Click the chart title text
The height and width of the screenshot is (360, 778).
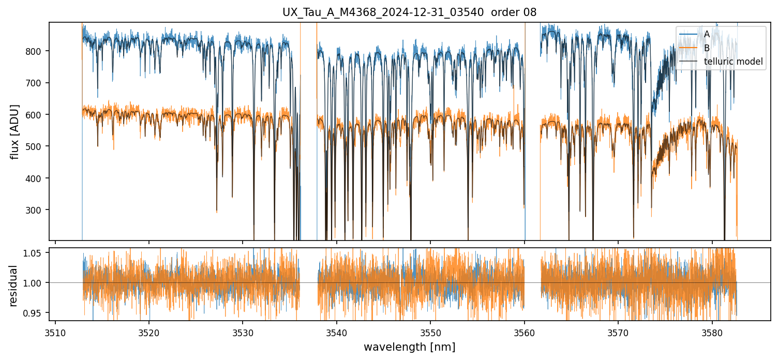tap(409, 12)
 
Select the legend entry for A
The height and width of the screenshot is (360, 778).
tap(707, 34)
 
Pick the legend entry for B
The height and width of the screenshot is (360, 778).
tap(707, 48)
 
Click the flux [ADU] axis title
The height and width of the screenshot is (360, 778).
tap(15, 131)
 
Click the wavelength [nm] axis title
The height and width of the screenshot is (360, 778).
tap(409, 347)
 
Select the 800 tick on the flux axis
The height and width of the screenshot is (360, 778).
tap(37, 51)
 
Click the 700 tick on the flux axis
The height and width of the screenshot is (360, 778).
tap(37, 83)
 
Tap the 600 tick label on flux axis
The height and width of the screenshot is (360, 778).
tap(37, 115)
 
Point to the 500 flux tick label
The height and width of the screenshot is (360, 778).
tap(37, 146)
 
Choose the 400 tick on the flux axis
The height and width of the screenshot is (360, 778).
tap(37, 178)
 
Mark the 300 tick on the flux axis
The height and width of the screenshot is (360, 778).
tap(37, 210)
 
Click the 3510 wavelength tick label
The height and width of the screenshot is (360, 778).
tap(55, 332)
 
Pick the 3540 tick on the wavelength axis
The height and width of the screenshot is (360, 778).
tap(337, 332)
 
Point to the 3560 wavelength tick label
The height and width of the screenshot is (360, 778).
tap(525, 332)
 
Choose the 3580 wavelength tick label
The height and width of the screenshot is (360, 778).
tap(712, 332)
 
